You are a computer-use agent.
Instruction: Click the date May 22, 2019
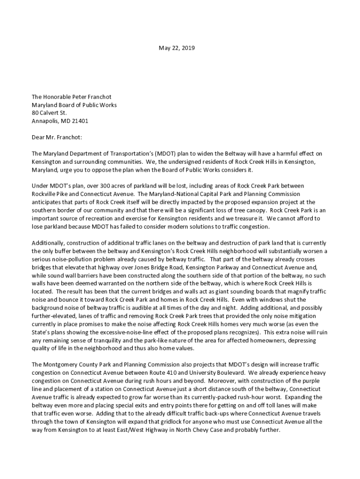coord(177,48)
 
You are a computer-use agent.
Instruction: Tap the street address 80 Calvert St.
coord(49,113)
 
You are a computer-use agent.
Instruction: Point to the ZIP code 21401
coord(79,121)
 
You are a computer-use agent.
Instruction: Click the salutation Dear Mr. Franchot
coord(56,137)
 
